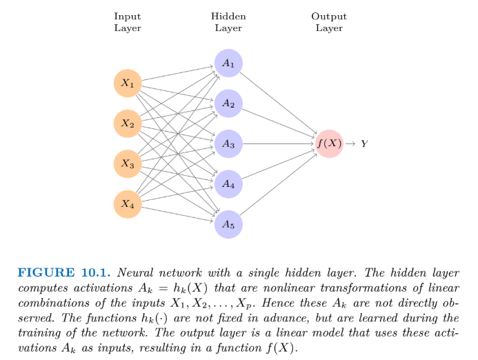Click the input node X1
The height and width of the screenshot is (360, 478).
(128, 83)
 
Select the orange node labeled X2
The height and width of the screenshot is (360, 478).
(128, 123)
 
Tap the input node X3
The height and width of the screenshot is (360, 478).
(128, 163)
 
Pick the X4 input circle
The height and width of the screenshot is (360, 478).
(128, 203)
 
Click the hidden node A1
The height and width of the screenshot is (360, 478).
(228, 63)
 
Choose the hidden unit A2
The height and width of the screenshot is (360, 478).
(228, 103)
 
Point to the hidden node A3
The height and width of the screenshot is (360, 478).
(228, 143)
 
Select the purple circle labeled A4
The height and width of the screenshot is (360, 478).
(228, 184)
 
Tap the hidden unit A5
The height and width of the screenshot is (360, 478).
(228, 224)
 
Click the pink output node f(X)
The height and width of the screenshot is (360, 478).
(329, 143)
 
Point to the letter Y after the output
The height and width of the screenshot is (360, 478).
(364, 143)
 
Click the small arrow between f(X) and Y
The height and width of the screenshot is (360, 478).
(350, 143)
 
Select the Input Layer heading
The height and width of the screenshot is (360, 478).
(128, 22)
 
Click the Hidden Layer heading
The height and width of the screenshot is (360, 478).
(228, 22)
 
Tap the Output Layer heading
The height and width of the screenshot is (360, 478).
(329, 22)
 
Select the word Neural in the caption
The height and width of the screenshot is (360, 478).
(135, 272)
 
